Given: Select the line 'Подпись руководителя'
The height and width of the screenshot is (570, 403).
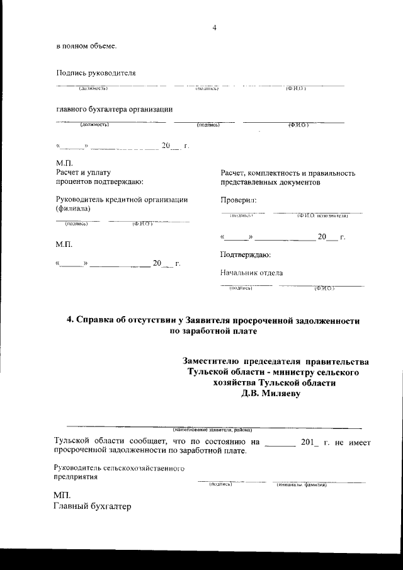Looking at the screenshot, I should [x=96, y=73].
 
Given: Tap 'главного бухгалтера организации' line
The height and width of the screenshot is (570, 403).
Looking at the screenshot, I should [x=115, y=108].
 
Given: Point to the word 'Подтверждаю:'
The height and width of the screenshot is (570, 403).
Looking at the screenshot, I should [x=246, y=255].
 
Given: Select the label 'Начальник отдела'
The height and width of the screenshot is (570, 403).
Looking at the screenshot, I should [x=251, y=273].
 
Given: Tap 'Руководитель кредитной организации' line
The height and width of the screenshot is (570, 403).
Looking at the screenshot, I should [x=122, y=200].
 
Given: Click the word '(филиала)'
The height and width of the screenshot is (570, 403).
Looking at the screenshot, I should [x=73, y=208].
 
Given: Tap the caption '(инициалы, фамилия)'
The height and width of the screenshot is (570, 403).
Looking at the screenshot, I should [x=301, y=484].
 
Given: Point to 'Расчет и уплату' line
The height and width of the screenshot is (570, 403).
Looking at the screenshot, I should [x=83, y=173].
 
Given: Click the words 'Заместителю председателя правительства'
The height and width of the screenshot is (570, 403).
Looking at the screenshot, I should [x=275, y=361].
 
